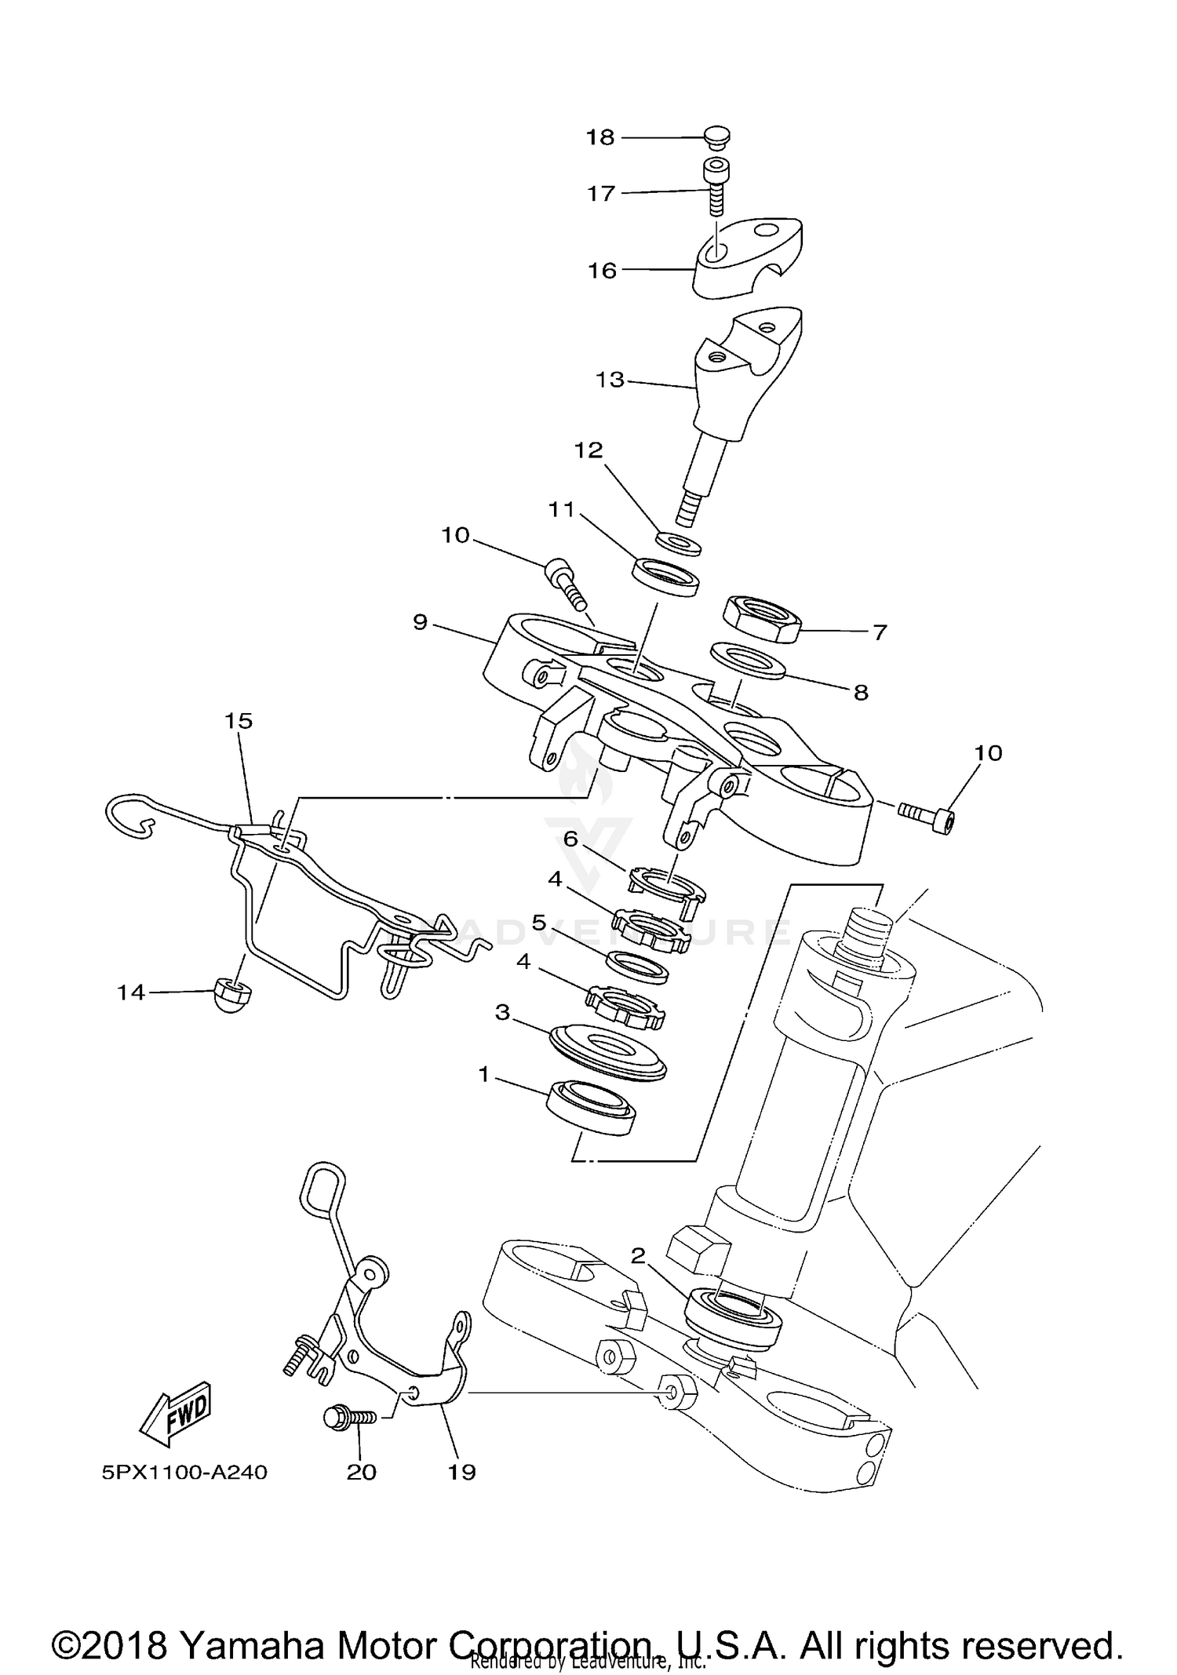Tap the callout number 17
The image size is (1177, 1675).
tap(601, 193)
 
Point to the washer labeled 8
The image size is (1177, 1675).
tap(747, 660)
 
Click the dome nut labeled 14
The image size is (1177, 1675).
tap(231, 995)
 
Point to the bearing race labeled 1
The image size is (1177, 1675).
tap(590, 1106)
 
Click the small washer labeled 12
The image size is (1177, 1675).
tap(678, 543)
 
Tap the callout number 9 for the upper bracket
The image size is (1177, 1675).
tap(421, 622)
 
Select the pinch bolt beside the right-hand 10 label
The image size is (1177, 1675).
tap(926, 816)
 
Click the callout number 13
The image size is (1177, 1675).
tap(610, 380)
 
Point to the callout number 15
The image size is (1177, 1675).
tap(239, 720)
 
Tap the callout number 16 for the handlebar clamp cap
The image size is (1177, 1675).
tap(603, 271)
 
